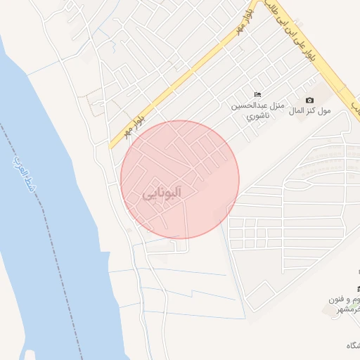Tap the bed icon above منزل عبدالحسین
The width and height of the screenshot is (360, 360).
tap(257, 94)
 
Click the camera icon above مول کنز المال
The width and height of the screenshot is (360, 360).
tap(309, 101)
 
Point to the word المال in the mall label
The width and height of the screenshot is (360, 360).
tap(297, 111)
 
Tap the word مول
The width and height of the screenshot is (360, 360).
tap(324, 111)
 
